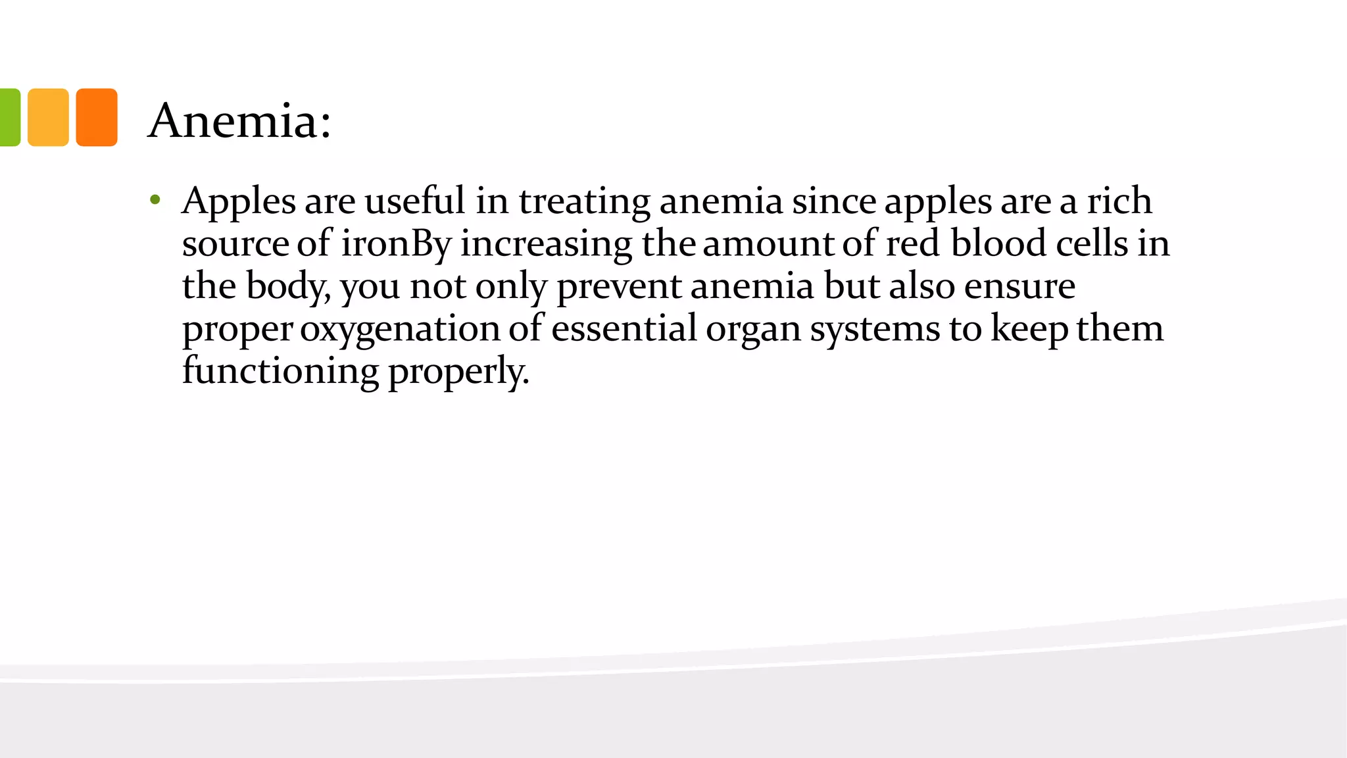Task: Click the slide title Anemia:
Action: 239,120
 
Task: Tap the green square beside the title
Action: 10,117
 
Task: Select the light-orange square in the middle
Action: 48,117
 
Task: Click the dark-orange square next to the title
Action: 97,117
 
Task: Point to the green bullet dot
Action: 155,199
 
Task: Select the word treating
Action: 585,201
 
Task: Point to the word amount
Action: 768,243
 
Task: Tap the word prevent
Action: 619,288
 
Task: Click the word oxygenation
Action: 400,330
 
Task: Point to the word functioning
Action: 281,372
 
